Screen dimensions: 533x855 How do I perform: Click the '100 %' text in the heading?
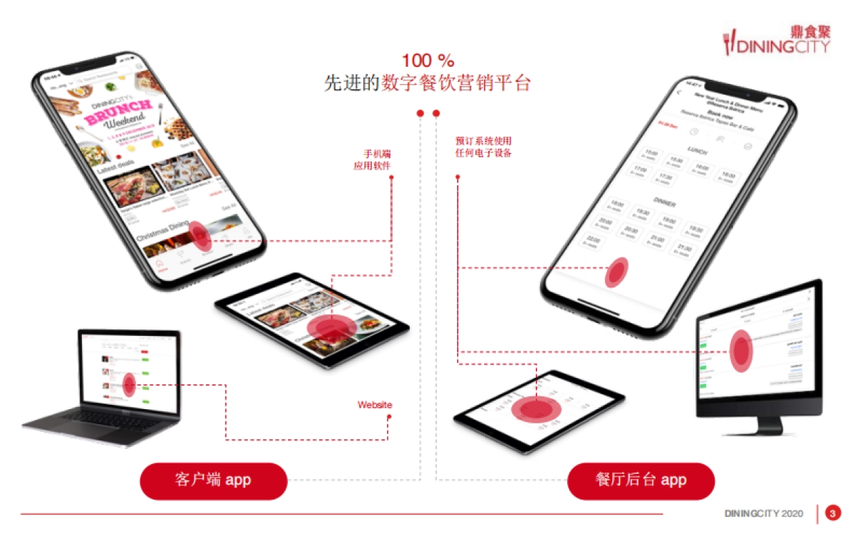coord(427,60)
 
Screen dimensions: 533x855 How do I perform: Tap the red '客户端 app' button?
coord(213,480)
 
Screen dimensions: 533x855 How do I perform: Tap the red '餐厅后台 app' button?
coord(641,480)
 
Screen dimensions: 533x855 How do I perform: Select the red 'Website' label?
coord(375,405)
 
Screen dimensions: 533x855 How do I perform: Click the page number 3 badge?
coord(832,513)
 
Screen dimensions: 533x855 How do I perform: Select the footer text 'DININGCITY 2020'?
coord(764,514)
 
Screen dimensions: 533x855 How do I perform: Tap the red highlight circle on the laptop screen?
coord(129,385)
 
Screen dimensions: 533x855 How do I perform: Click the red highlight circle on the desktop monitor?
coord(741,350)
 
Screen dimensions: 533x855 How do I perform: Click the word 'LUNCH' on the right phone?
coord(697,151)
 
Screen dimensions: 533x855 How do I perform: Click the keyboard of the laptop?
coord(107,417)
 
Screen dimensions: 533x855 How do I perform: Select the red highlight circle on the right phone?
coord(616,272)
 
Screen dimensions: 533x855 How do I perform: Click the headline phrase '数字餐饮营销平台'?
coord(456,83)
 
